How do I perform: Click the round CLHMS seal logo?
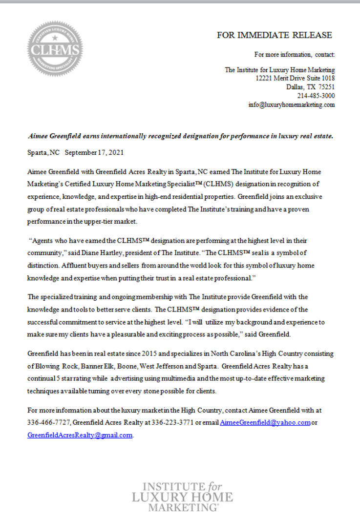coord(55,49)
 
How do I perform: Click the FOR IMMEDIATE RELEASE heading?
coord(275,35)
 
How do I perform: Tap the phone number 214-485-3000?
coord(316,96)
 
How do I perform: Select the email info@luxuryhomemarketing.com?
coord(292,104)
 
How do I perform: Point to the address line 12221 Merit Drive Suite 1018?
coord(295,78)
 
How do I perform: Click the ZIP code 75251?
coord(325,87)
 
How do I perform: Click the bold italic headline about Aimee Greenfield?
coord(180,136)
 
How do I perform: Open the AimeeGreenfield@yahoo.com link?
coord(265,422)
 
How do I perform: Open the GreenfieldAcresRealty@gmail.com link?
coord(80,435)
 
